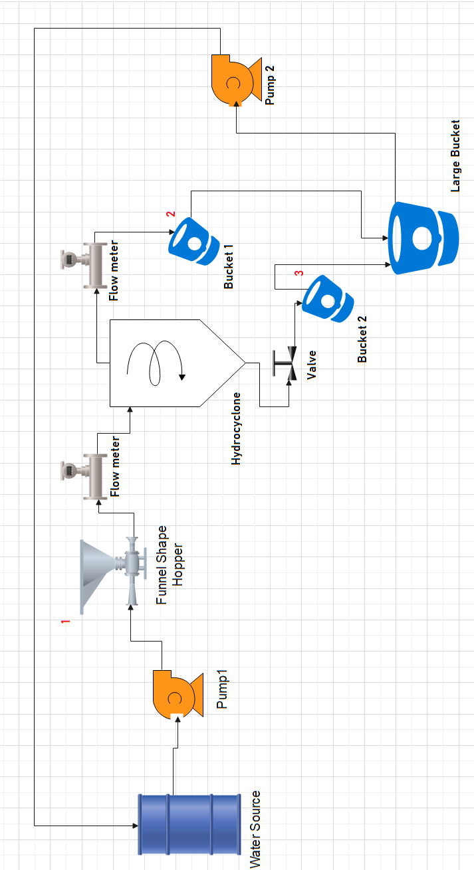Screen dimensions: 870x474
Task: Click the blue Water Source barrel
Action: [x=189, y=824]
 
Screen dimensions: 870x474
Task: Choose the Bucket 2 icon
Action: [x=326, y=298]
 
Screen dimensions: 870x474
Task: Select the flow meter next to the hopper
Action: [x=89, y=477]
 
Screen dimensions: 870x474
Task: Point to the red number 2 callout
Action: [x=171, y=215]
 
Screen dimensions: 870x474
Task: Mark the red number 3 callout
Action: [x=298, y=273]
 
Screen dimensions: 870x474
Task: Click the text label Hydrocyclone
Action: [x=236, y=428]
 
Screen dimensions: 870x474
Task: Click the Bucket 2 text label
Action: [x=362, y=339]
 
